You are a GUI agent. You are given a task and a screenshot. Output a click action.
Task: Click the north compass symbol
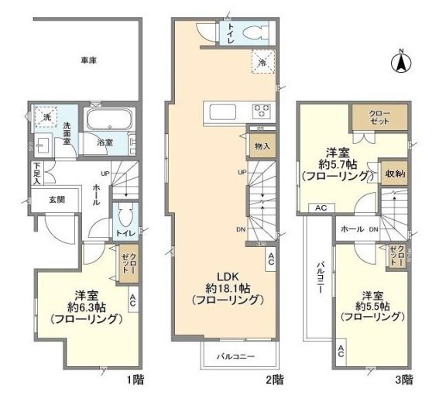[403, 62]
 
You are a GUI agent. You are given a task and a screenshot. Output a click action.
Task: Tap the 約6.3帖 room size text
[86, 306]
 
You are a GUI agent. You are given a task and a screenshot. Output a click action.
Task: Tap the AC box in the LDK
[270, 261]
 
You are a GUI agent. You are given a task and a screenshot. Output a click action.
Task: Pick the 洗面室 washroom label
[69, 130]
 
